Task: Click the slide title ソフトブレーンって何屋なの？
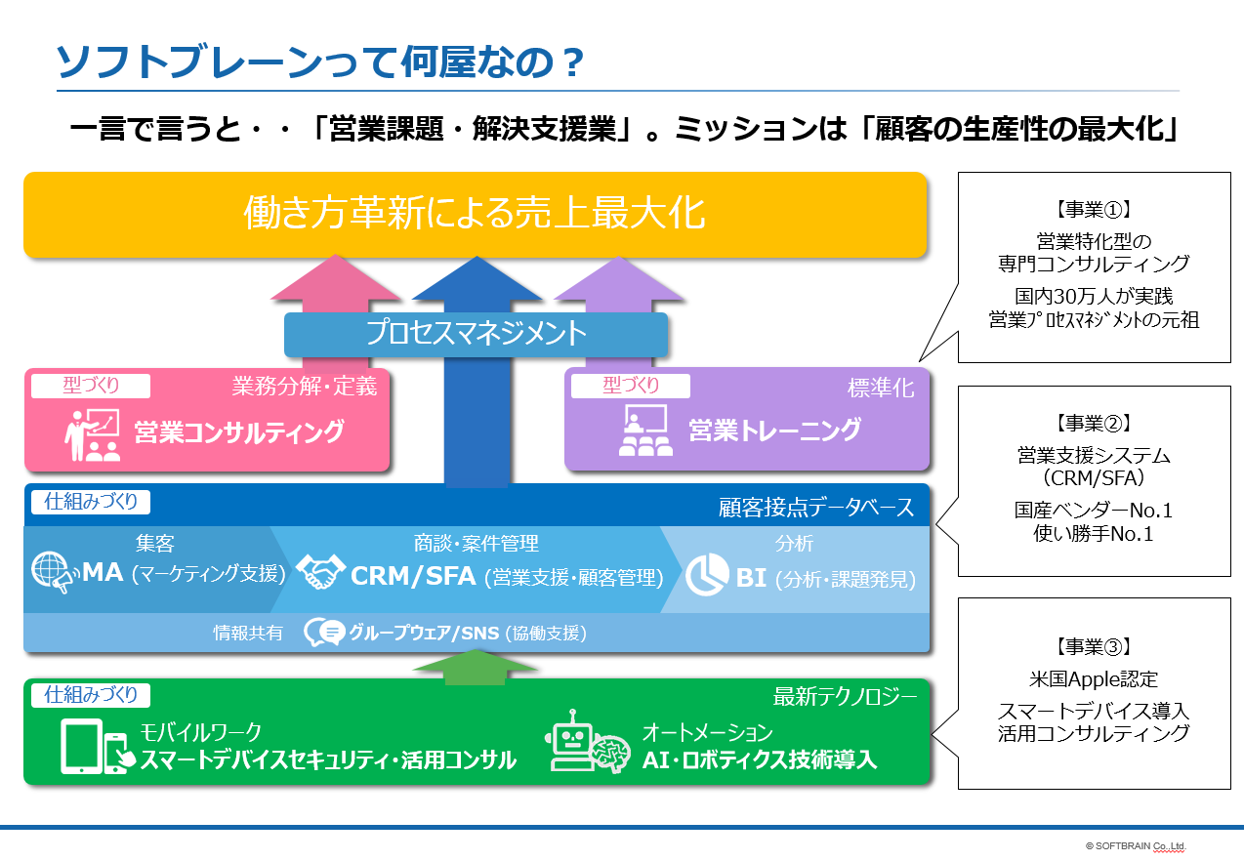[320, 61]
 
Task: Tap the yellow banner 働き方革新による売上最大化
[475, 215]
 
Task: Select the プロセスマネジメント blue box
[476, 334]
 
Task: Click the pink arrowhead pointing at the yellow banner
[336, 278]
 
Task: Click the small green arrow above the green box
[476, 667]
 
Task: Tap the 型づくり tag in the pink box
[91, 386]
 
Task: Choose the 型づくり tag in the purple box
[631, 386]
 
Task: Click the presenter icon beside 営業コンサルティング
[92, 435]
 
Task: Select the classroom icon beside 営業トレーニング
[645, 430]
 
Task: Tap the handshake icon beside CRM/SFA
[320, 572]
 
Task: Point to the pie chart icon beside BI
[707, 575]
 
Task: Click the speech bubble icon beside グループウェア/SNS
[324, 633]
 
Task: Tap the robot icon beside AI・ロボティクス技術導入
[587, 741]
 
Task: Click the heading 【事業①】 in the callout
[1094, 210]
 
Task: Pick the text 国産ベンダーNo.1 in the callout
[1093, 511]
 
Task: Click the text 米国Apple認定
[1093, 678]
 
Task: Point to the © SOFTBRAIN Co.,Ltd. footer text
[1136, 846]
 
